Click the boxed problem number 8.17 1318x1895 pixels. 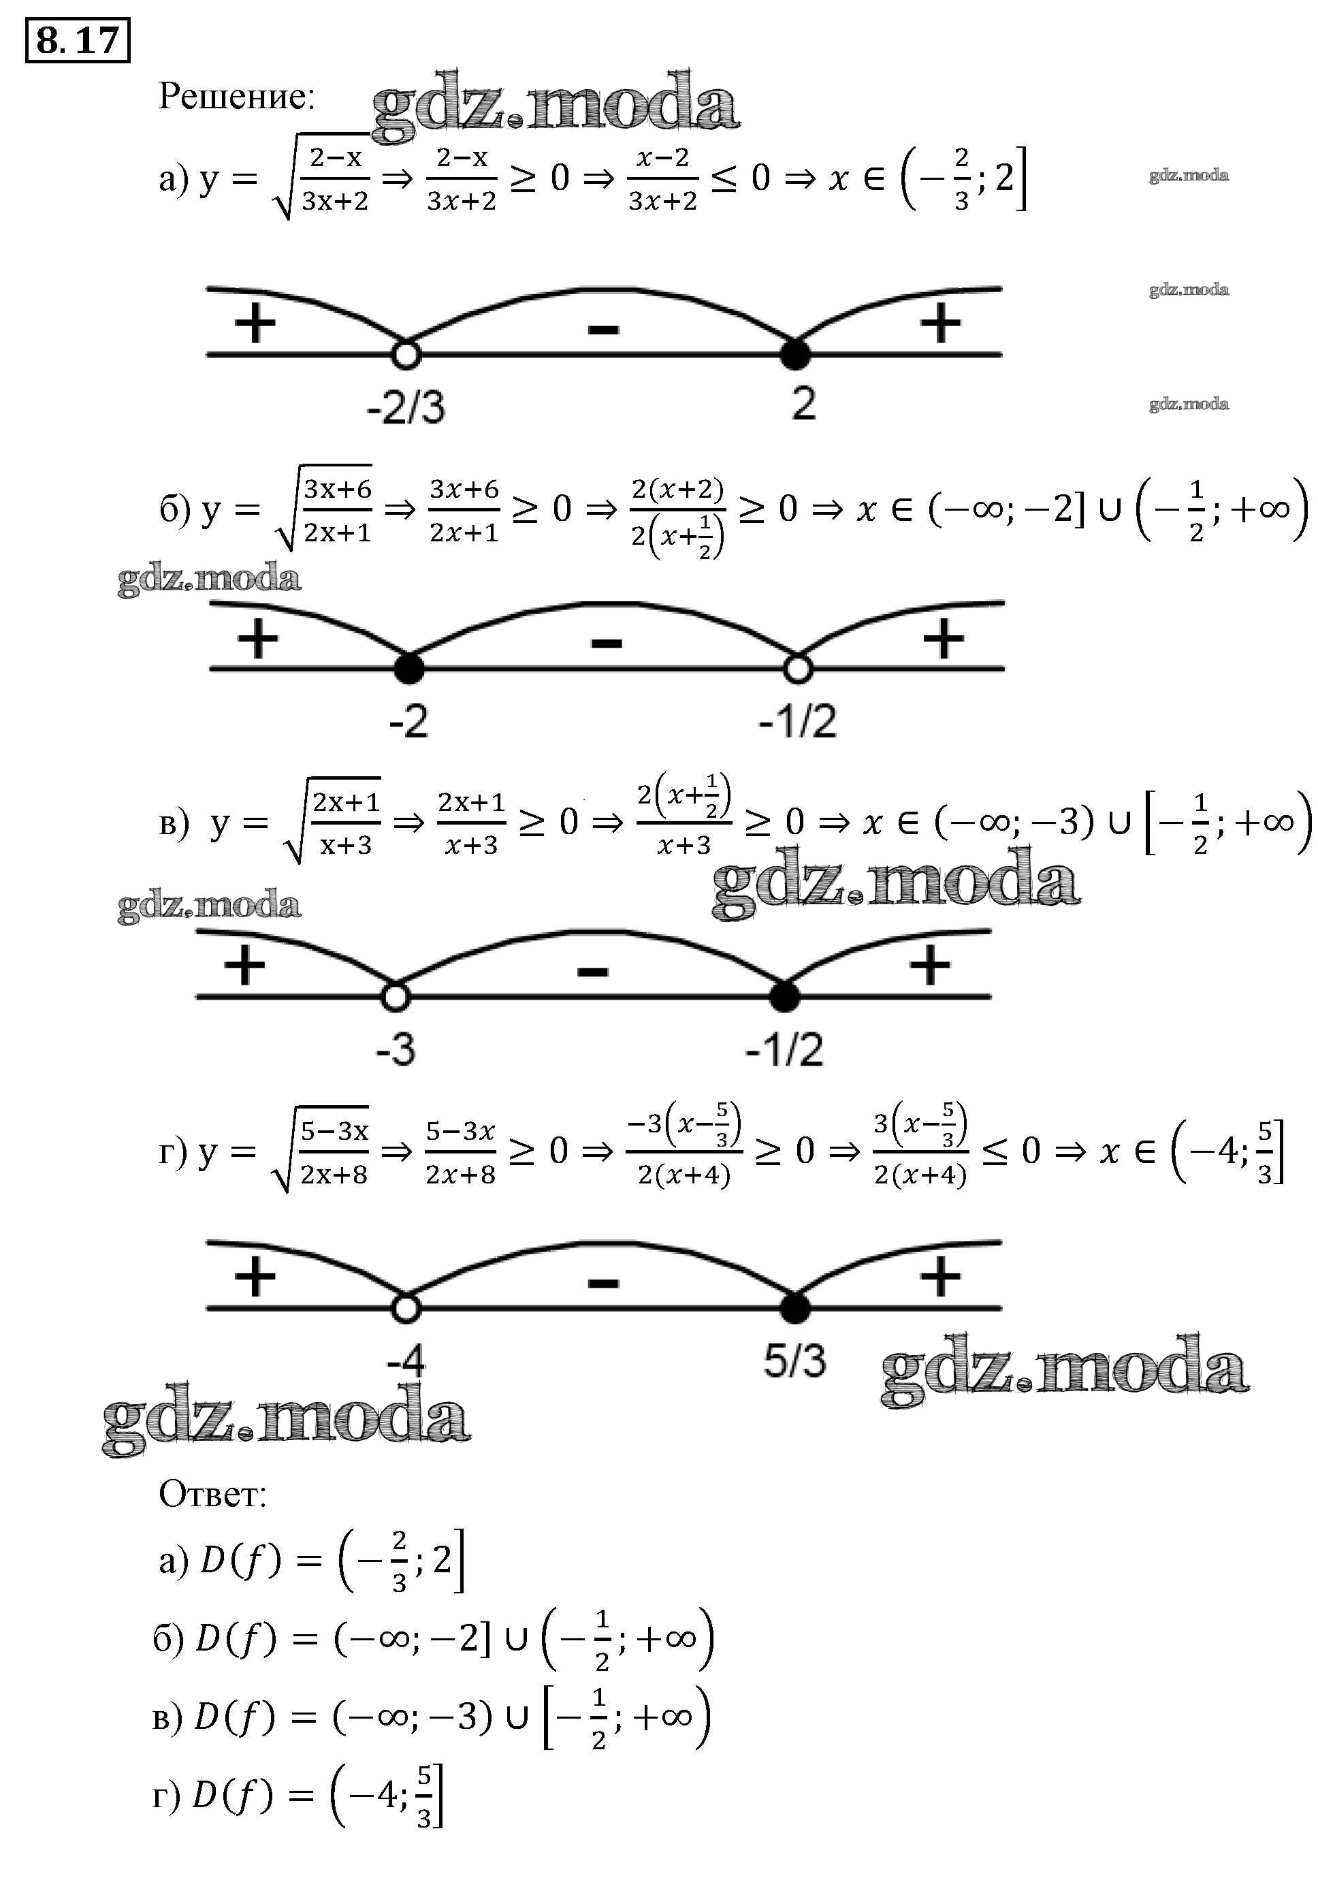coord(78,39)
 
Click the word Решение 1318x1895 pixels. coord(237,97)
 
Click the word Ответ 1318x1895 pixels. coord(213,1494)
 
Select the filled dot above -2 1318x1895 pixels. coord(409,669)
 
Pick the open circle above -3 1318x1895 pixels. coord(396,997)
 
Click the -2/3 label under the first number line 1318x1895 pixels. coord(406,407)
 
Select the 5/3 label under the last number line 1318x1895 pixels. coord(794,1360)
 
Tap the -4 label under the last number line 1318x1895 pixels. coord(406,1360)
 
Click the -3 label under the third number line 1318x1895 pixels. coord(396,1050)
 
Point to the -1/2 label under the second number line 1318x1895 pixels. coord(797,721)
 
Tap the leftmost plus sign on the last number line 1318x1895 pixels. coord(255,1277)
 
